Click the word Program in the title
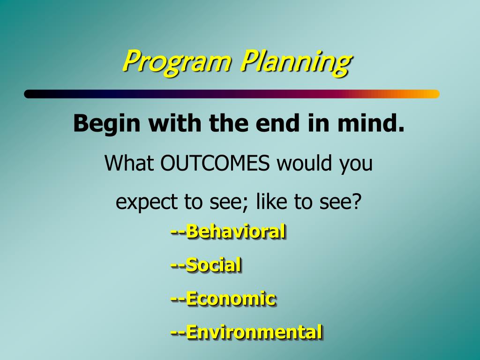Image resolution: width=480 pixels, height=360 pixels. pyautogui.click(x=177, y=61)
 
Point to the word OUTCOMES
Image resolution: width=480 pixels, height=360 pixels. pyautogui.click(x=215, y=163)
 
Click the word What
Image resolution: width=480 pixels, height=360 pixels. pyautogui.click(x=129, y=163)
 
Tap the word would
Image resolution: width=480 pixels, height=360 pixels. pyautogui.click(x=304, y=163)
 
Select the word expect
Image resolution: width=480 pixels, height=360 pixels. pyautogui.click(x=147, y=202)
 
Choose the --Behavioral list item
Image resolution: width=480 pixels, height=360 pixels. pyautogui.click(x=228, y=232)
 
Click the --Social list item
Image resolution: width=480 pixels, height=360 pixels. pyautogui.click(x=206, y=265)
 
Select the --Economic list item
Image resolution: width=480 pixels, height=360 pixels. pyautogui.click(x=224, y=299)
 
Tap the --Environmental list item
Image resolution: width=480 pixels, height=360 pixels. pyautogui.click(x=247, y=332)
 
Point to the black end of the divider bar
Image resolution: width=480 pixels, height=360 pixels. pyautogui.click(x=29, y=94)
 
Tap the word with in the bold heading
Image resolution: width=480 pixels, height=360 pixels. pyautogui.click(x=175, y=123)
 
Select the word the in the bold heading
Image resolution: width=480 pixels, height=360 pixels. pyautogui.click(x=229, y=123)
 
